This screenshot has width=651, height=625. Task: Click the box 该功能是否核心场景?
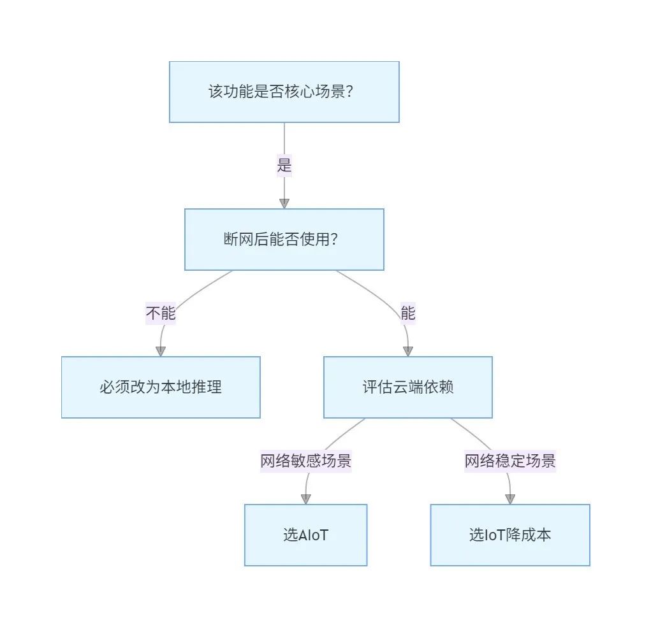pos(284,92)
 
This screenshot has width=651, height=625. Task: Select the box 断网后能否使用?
pos(284,240)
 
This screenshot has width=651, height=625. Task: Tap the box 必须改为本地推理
pos(161,387)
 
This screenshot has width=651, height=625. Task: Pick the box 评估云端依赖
pos(408,387)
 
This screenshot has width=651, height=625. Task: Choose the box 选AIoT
pos(306,535)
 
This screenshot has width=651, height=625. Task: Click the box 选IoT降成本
pos(510,535)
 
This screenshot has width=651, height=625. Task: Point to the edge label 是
pos(284,166)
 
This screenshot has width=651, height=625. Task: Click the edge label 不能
pos(161,313)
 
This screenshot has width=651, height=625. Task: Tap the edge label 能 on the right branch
pos(408,313)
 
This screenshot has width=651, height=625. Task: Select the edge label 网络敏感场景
pos(306,461)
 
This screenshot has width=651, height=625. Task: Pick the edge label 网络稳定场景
pos(510,461)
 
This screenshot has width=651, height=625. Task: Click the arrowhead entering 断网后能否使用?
pos(284,204)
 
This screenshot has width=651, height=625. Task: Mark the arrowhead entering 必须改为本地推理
pos(161,351)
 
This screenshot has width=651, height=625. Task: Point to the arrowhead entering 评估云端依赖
pos(408,351)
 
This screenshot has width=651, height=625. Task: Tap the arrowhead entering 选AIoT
pos(306,499)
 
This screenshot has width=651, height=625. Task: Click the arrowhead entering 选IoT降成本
pos(510,499)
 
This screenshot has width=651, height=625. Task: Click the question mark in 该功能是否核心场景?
pos(349,92)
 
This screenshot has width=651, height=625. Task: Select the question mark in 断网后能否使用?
pos(334,240)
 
